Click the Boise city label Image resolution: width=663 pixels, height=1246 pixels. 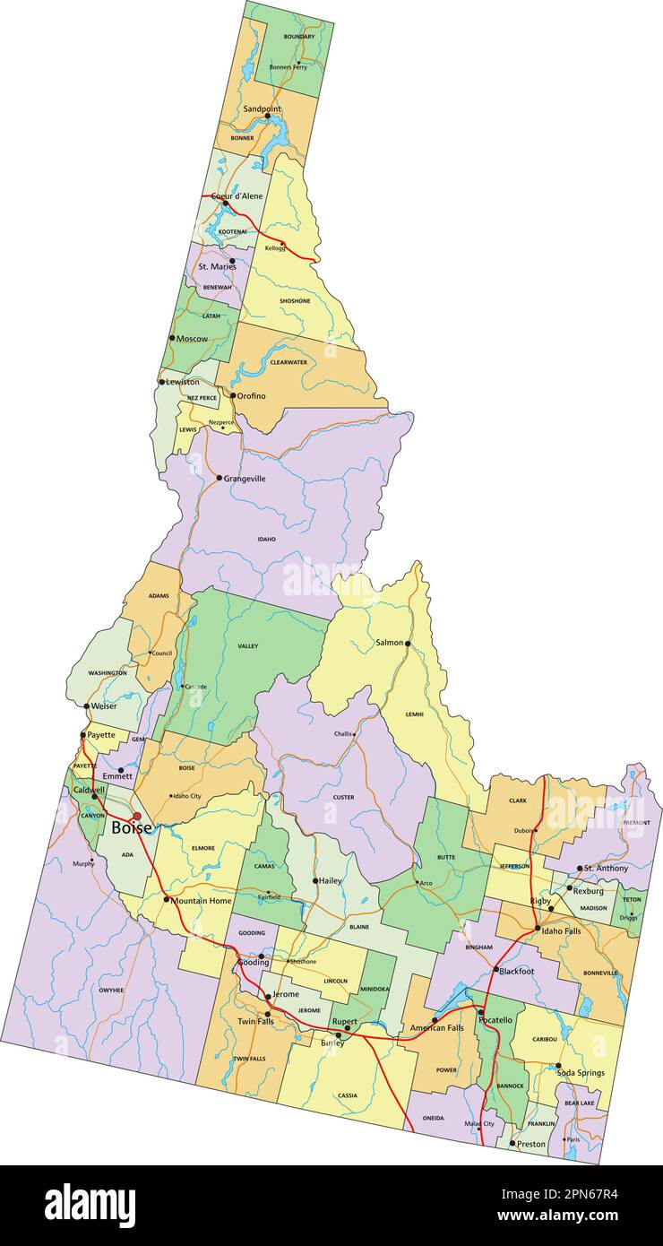tap(131, 828)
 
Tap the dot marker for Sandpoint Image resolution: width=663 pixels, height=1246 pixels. tap(267, 117)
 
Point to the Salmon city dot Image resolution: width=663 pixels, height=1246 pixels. tap(408, 644)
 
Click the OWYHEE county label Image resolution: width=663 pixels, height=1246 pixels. tap(111, 991)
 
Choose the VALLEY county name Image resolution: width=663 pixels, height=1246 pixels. tap(248, 645)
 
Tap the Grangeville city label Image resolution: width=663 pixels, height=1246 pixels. tap(245, 479)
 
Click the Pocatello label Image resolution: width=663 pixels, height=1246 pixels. tap(496, 1020)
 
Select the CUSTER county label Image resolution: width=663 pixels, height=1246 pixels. tap(343, 797)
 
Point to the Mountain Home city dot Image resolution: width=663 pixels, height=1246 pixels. tap(167, 899)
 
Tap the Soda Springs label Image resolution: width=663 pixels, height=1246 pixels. tap(581, 1073)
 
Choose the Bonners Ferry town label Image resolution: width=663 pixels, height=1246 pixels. tap(288, 67)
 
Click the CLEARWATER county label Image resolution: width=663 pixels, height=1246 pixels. tap(288, 362)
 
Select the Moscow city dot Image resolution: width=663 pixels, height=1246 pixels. tap(172, 338)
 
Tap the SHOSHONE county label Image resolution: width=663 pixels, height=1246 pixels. tap(295, 301)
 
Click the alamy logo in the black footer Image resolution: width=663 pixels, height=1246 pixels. tap(90, 1206)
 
